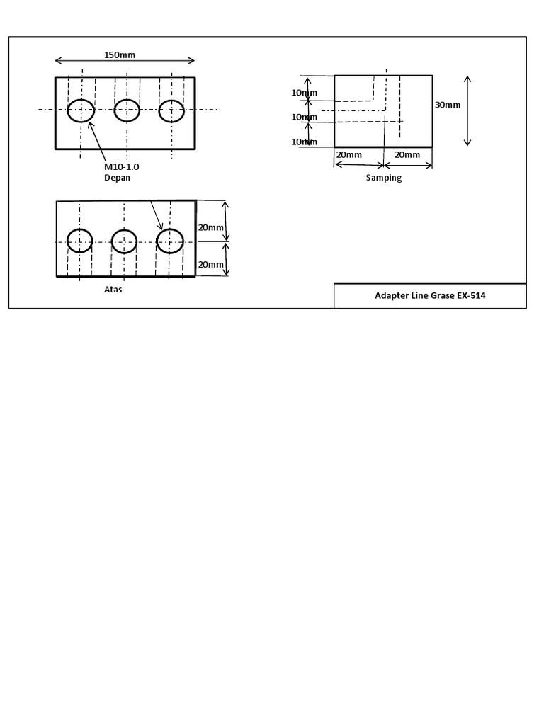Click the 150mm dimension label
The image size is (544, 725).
tap(120, 55)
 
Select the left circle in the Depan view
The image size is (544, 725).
tap(67, 111)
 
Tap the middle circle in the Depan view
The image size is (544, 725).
tap(114, 110)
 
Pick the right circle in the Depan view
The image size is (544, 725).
tap(159, 111)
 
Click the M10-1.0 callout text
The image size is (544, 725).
tap(121, 167)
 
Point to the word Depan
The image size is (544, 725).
tap(117, 178)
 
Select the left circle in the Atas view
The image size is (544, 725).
tap(67, 241)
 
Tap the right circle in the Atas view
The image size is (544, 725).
tap(157, 241)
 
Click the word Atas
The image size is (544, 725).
tap(113, 290)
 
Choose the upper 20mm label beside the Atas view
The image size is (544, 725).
tap(211, 227)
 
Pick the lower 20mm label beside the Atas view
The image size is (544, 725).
tap(211, 265)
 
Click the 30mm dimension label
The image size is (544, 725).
tap(448, 105)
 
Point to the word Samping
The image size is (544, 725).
tap(384, 178)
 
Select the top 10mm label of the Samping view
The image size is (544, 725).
tap(305, 93)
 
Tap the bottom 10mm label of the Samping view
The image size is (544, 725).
tap(305, 142)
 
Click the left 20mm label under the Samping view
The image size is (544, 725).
tap(348, 155)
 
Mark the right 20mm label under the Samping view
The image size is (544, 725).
tap(407, 155)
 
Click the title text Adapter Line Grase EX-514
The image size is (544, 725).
tap(430, 295)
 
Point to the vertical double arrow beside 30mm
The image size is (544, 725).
tap(467, 111)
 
